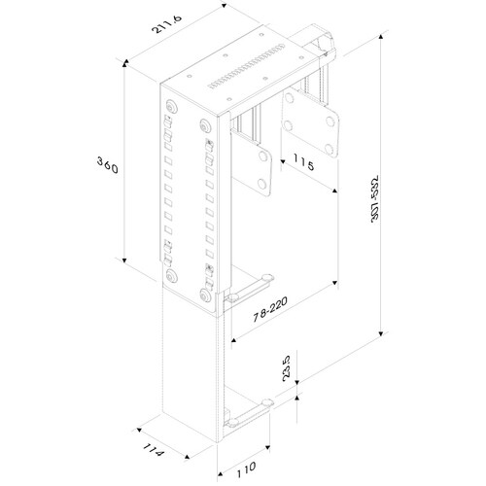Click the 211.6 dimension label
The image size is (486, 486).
coord(167,24)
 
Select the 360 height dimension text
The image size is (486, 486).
coord(108,165)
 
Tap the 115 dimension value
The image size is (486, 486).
coord(303,162)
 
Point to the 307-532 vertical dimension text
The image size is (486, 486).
coord(374,198)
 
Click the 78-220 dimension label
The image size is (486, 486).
coord(270,309)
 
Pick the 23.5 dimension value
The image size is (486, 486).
coord(287,368)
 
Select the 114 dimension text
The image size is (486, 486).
coord(154,450)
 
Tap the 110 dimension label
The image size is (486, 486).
coord(246,469)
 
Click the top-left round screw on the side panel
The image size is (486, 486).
coord(171,107)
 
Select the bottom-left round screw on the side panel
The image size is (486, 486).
coord(171,276)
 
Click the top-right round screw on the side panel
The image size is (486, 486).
coord(205,125)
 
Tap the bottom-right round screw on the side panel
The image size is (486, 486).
coord(205,295)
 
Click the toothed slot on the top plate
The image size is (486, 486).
coord(247,66)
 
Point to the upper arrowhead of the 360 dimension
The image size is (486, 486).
coord(124,64)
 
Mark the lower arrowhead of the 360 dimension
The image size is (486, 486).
coord(124,260)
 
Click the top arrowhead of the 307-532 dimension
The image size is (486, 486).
coord(381,36)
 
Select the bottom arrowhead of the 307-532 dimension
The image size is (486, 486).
coord(381,333)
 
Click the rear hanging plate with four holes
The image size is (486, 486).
coord(310,122)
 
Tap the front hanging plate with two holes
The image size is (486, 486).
coord(252,162)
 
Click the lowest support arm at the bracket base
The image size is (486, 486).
coord(249,413)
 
